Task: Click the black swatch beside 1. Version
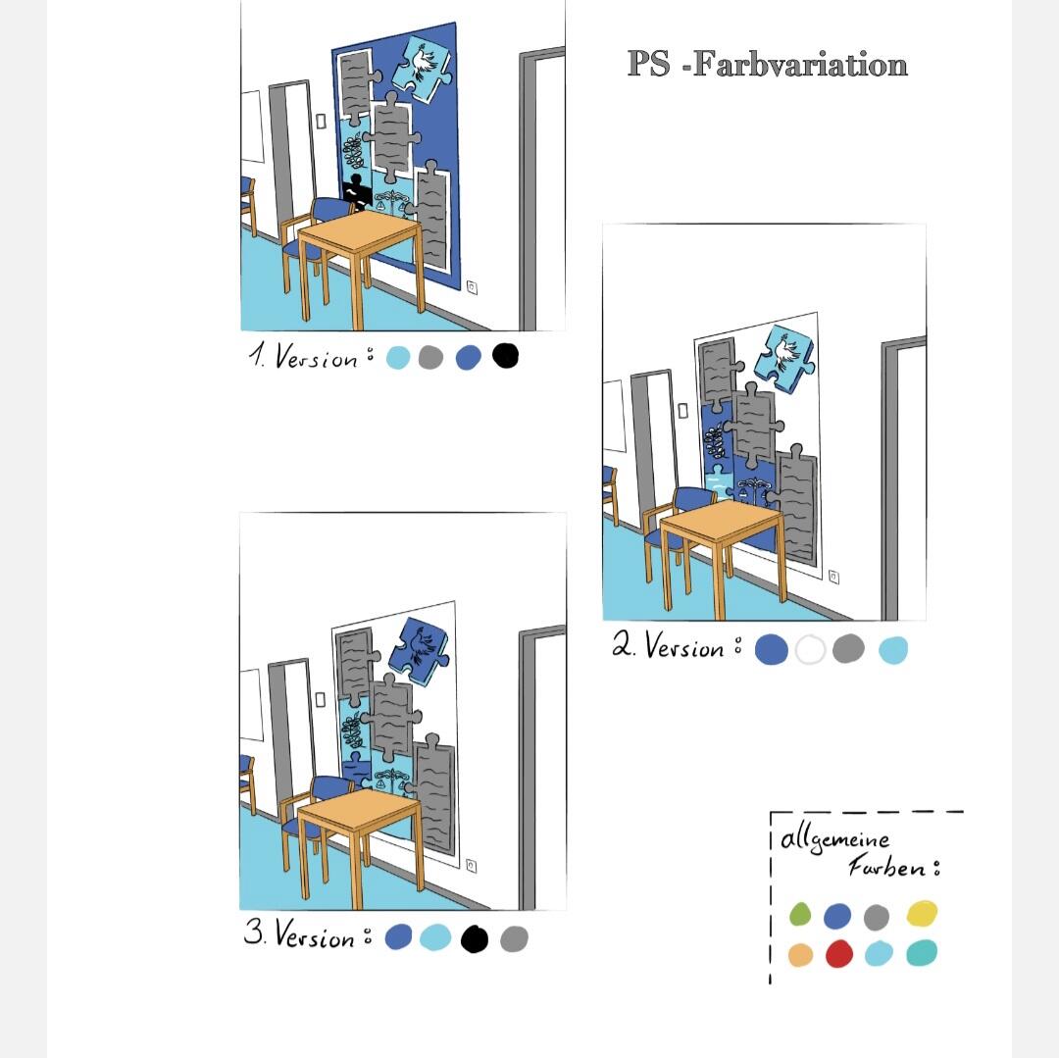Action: (505, 355)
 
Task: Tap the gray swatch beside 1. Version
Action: (430, 357)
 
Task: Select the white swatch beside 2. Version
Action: (811, 650)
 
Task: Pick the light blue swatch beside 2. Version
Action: (893, 650)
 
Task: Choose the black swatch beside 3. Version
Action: (475, 938)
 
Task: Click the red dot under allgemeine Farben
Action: (838, 954)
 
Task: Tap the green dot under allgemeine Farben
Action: (800, 914)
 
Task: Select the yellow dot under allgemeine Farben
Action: (922, 914)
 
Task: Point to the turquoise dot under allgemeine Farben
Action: (921, 953)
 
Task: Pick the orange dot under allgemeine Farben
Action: (800, 955)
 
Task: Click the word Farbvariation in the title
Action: (800, 64)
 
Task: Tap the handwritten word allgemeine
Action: (834, 839)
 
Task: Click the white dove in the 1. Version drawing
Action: (422, 62)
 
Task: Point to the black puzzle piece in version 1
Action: (356, 190)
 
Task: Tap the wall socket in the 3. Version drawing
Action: (472, 866)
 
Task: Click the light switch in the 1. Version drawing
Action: (321, 121)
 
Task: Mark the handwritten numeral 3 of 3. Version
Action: (253, 932)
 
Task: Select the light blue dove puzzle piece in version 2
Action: (784, 357)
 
